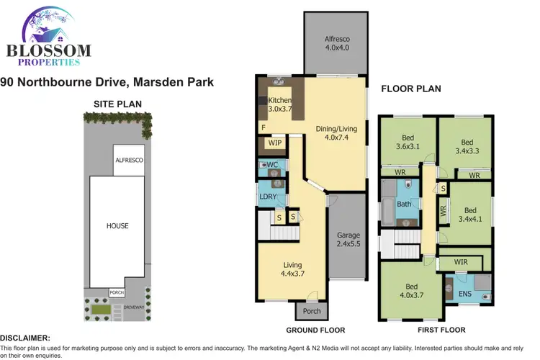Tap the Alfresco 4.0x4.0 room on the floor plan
tap(335, 43)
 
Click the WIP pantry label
tap(274, 143)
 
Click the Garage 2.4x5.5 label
tap(348, 240)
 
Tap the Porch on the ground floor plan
tap(310, 312)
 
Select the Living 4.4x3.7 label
tap(292, 269)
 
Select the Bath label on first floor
tap(404, 204)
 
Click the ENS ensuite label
tap(456, 293)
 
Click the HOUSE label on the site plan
tap(117, 226)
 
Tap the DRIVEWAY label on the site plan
tap(134, 307)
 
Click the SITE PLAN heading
tap(118, 104)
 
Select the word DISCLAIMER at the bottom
tap(25, 338)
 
